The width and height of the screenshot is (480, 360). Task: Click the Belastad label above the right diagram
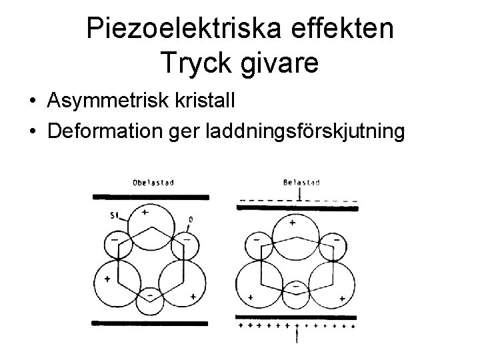[301, 181]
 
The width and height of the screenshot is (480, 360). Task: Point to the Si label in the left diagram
[115, 215]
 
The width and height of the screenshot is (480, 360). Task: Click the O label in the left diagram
[191, 219]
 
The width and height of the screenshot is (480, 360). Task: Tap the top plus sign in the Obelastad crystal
[145, 212]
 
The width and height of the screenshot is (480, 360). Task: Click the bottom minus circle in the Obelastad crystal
[151, 293]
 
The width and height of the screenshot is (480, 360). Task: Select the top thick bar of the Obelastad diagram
[150, 197]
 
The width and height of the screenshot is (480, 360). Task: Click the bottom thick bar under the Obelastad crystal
[150, 323]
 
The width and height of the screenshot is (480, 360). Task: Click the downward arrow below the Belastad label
[301, 194]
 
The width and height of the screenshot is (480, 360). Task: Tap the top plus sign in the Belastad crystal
[291, 223]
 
